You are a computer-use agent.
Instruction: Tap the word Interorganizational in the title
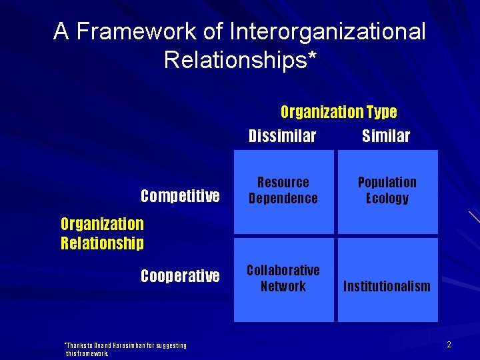click(x=327, y=31)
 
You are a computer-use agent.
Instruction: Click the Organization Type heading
click(x=339, y=112)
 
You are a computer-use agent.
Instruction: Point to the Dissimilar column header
click(x=282, y=137)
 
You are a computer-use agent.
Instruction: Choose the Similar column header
click(x=386, y=137)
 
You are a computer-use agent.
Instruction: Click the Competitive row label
click(x=180, y=196)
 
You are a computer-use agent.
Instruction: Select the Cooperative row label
click(x=180, y=276)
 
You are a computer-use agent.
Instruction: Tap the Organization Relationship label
click(x=102, y=233)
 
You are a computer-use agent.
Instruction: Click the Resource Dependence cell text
click(x=283, y=191)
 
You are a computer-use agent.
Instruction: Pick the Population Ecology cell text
click(x=387, y=191)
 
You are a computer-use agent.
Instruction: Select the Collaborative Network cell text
click(x=283, y=279)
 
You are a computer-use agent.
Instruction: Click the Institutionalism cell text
click(x=387, y=287)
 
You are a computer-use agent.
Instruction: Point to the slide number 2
click(x=449, y=345)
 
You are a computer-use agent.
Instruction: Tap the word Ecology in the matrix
click(x=387, y=199)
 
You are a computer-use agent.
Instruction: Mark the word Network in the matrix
click(x=283, y=287)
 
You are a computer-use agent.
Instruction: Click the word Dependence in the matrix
click(x=283, y=199)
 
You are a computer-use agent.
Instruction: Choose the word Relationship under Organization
click(x=102, y=243)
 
